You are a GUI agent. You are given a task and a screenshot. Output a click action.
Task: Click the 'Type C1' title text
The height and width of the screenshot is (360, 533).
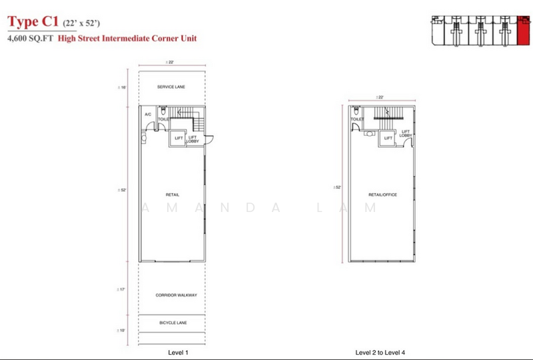(x=32, y=24)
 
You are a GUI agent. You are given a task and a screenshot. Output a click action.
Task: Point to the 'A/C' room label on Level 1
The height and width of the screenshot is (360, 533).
(x=147, y=115)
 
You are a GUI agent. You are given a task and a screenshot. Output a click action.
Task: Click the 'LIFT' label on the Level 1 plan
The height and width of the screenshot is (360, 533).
(x=178, y=138)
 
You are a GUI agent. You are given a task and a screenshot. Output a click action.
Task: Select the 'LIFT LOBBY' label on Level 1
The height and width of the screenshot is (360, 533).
(x=193, y=139)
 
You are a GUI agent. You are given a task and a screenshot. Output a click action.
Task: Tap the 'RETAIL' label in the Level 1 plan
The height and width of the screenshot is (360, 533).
(x=173, y=194)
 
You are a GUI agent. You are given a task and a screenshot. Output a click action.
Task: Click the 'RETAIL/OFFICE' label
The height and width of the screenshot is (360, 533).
(x=382, y=195)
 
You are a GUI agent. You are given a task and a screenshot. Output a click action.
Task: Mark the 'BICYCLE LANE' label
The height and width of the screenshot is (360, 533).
(x=173, y=323)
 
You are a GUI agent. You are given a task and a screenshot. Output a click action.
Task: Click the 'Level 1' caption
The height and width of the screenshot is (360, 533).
(x=173, y=351)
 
